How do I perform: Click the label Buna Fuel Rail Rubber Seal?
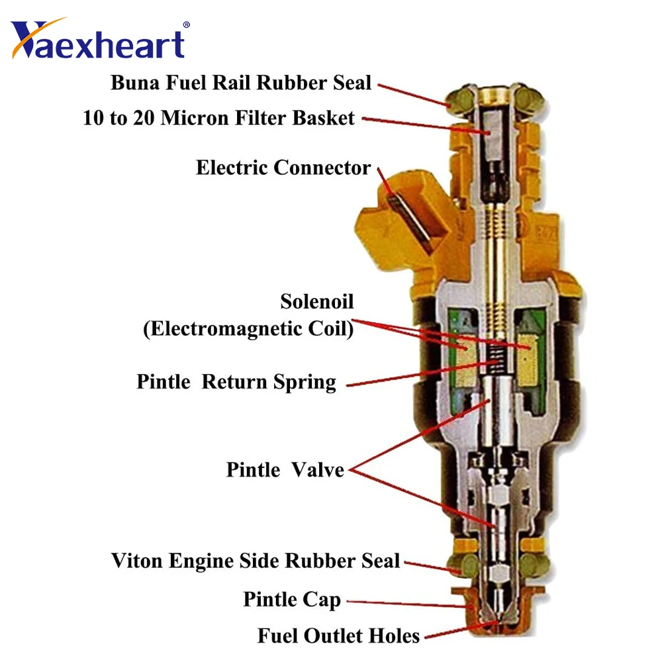coord(241,83)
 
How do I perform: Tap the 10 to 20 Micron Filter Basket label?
coord(219,118)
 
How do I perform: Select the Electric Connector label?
coord(283,167)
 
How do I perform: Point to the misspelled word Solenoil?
coord(317,302)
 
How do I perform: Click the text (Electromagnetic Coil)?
coord(248,328)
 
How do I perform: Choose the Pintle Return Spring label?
coord(236,382)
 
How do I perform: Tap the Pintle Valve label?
coord(285,470)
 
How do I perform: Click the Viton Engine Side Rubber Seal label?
coord(256,561)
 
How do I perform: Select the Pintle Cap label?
coord(292,600)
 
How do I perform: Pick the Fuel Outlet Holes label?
coord(338,636)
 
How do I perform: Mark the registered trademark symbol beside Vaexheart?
coord(186,24)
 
